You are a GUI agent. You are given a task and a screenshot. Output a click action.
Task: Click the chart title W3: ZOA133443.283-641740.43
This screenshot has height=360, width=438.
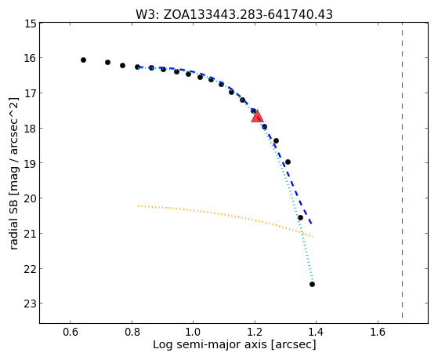pyautogui.click(x=234, y=14)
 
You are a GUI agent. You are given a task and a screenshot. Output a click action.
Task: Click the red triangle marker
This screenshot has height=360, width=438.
pyautogui.click(x=257, y=117)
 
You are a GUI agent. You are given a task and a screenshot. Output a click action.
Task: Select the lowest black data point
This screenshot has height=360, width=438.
pyautogui.click(x=313, y=284)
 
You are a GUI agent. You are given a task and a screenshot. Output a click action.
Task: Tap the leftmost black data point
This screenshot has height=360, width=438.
pyautogui.click(x=83, y=60)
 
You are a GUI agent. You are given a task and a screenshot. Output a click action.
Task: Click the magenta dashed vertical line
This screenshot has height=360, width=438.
pyautogui.click(x=402, y=170)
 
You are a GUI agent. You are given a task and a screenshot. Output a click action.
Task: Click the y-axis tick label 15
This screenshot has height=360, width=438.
pyautogui.click(x=31, y=24)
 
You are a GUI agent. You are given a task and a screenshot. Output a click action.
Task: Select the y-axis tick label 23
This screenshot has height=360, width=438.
pyautogui.click(x=31, y=304)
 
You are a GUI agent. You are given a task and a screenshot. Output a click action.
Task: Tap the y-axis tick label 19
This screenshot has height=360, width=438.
pyautogui.click(x=31, y=163)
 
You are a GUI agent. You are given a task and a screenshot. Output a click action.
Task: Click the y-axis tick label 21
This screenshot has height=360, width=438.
pyautogui.click(x=31, y=233)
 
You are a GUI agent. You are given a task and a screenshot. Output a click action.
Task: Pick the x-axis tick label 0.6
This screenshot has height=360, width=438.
pyautogui.click(x=70, y=332)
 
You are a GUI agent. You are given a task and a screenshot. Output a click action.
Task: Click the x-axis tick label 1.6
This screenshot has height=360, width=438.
pyautogui.click(x=378, y=332)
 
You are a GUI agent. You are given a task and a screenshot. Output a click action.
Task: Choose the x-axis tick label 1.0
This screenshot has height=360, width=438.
pyautogui.click(x=193, y=332)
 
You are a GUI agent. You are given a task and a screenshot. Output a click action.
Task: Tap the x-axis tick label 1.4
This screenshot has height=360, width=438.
pyautogui.click(x=316, y=332)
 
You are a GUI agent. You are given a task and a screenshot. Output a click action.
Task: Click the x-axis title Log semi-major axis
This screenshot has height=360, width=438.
pyautogui.click(x=210, y=344)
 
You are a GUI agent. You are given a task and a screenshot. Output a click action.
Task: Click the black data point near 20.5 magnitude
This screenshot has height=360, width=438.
pyautogui.click(x=300, y=217)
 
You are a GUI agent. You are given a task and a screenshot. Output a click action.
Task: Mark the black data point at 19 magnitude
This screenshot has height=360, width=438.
pyautogui.click(x=288, y=162)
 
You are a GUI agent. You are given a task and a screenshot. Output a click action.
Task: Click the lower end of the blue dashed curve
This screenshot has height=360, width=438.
pyautogui.click(x=312, y=224)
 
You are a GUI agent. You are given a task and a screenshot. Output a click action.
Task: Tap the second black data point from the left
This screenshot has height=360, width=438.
pyautogui.click(x=107, y=62)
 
